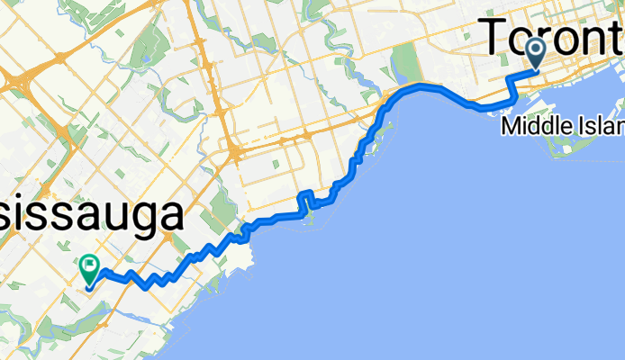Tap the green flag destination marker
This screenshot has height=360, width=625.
pos(89,267)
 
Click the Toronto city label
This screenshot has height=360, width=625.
pos(555,38)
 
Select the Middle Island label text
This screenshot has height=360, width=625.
pos(562,126)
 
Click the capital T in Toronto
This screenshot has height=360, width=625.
pos(503,38)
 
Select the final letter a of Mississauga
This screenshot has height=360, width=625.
pos(174,217)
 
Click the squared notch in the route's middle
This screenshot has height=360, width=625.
pos(304,199)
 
